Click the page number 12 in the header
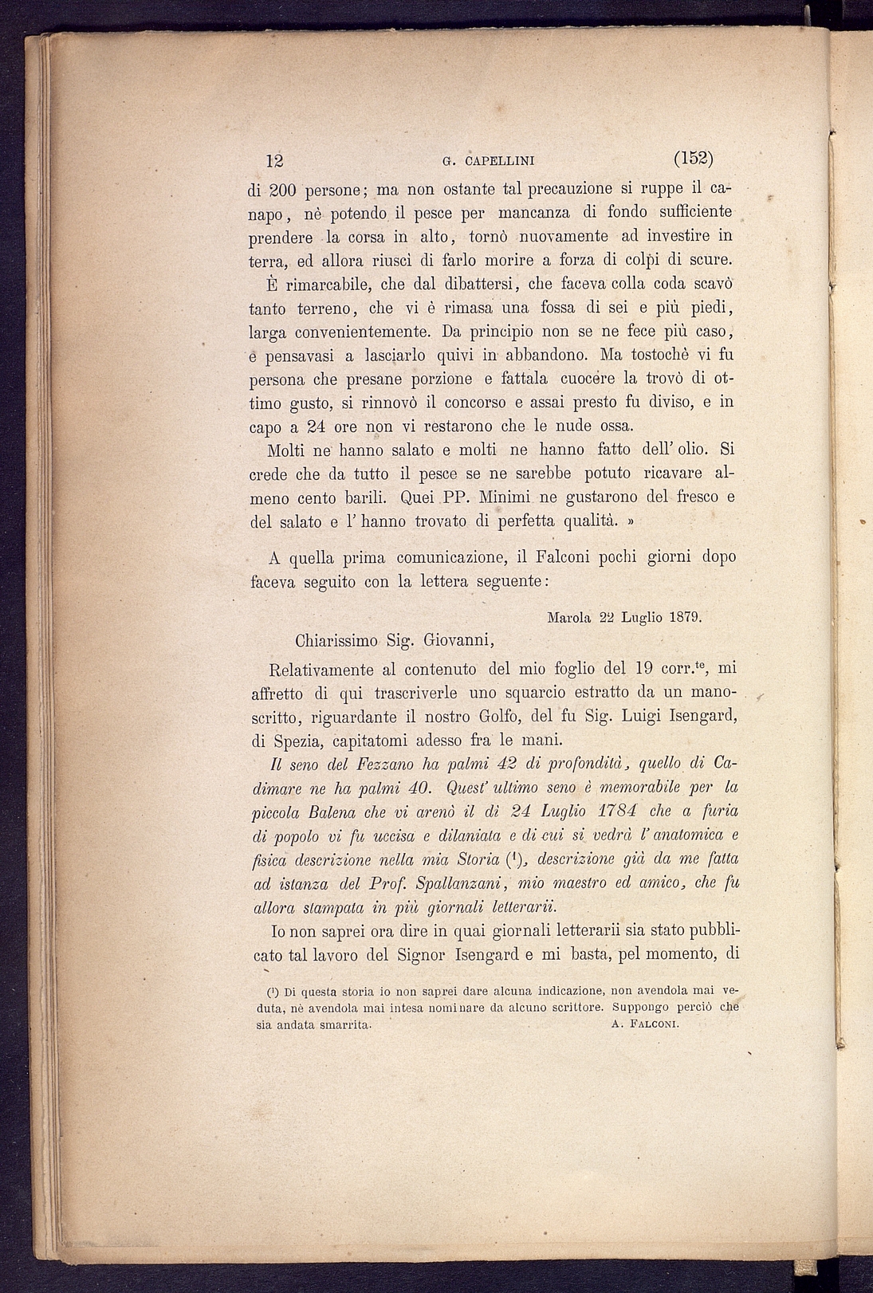[274, 159]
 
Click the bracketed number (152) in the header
[692, 158]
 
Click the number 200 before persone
[282, 191]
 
